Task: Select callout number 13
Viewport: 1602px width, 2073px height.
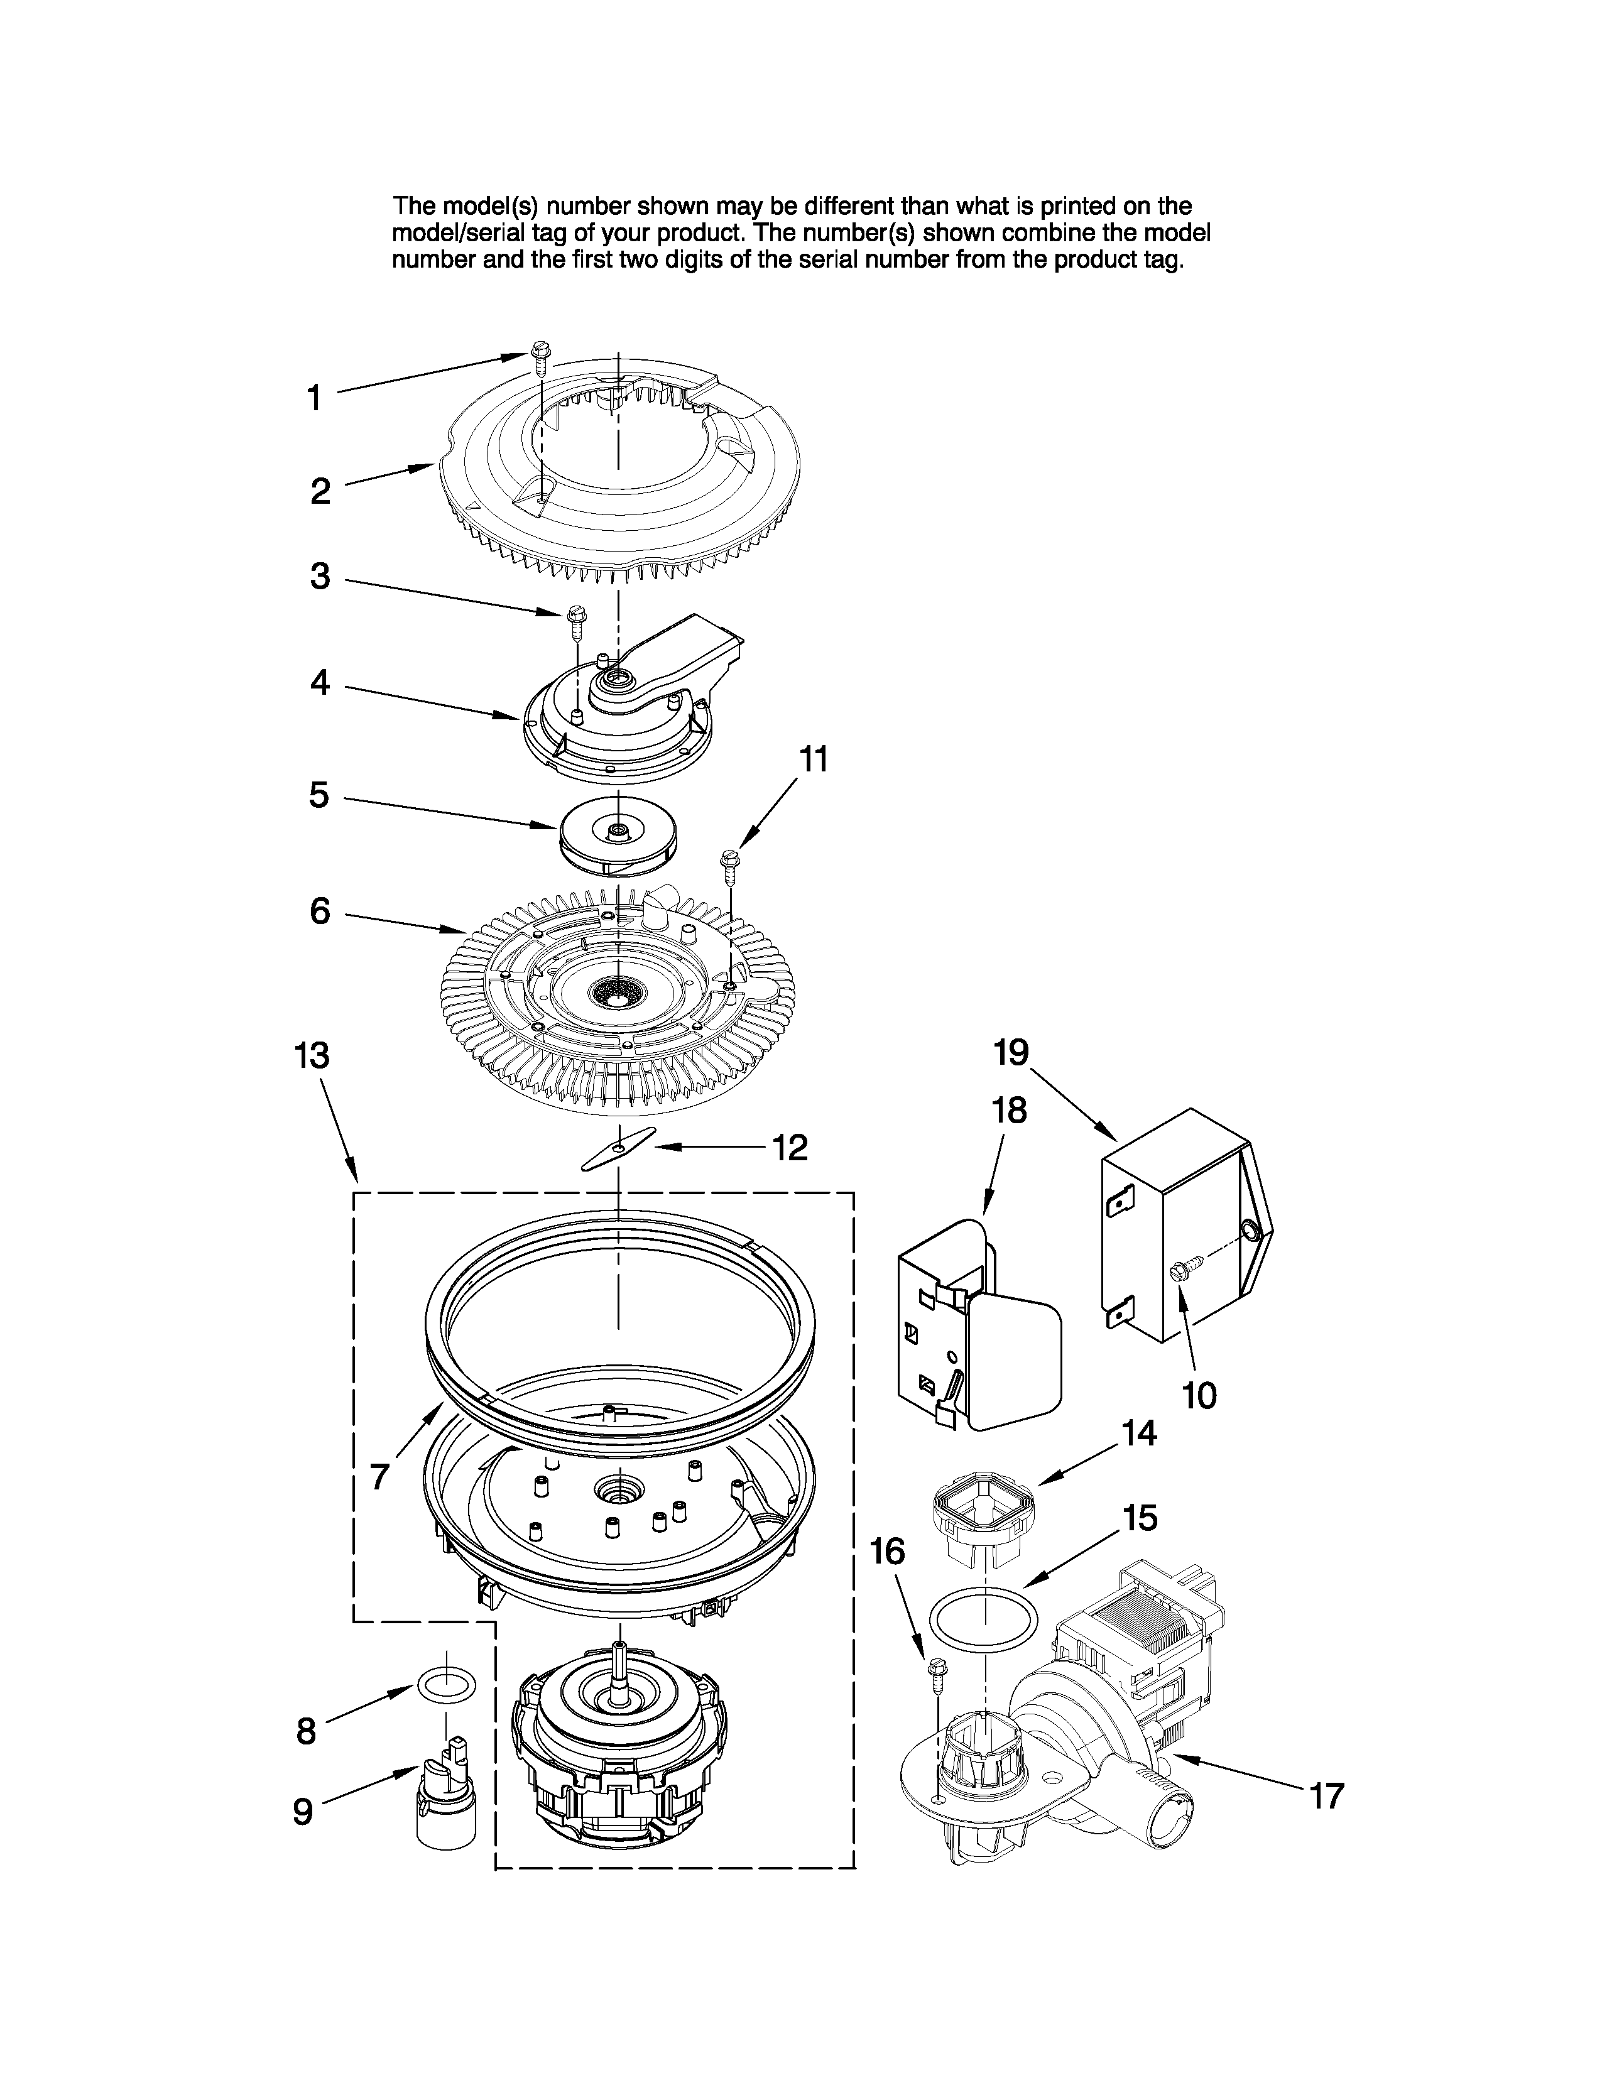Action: click(x=312, y=1055)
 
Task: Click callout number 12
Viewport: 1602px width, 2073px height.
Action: click(x=790, y=1148)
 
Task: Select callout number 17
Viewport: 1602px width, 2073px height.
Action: click(x=1327, y=1796)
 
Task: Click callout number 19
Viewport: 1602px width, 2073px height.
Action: click(x=1011, y=1052)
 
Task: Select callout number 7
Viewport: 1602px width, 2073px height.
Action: click(x=379, y=1476)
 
